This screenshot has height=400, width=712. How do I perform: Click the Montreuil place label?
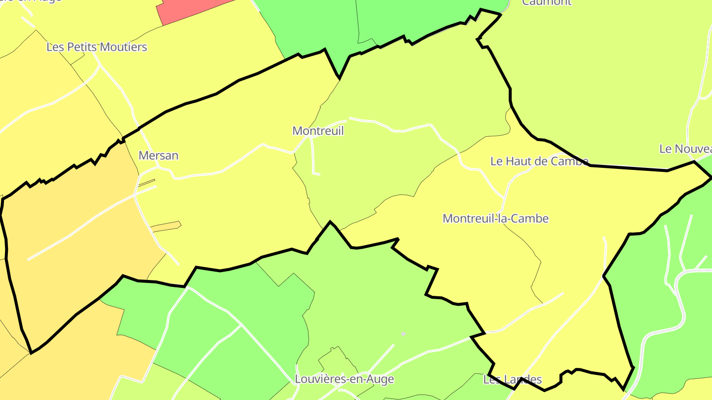click(317, 131)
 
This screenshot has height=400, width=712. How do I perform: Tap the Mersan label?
click(158, 156)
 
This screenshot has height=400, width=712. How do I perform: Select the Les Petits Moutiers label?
click(96, 47)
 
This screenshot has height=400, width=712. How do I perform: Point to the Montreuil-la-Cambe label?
click(495, 218)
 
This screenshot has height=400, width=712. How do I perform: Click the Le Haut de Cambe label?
click(539, 161)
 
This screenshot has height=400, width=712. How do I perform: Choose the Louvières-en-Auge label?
click(344, 379)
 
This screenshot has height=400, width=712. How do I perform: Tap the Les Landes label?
click(512, 380)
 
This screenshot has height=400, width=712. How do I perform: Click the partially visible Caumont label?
click(546, 2)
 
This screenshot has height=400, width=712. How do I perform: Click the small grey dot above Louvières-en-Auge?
click(403, 334)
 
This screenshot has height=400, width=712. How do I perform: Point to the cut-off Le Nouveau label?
click(685, 149)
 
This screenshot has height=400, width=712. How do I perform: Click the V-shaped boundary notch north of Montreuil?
click(339, 77)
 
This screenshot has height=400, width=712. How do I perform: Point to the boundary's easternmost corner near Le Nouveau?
click(711, 177)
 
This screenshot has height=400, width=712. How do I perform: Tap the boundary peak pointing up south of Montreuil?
click(330, 222)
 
